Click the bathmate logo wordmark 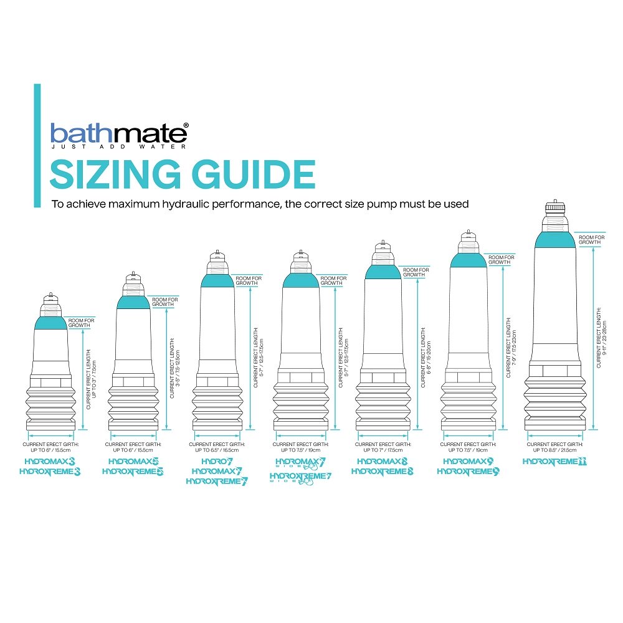click(x=118, y=133)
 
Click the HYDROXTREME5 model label click(x=133, y=472)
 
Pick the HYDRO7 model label click(x=216, y=461)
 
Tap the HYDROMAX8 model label click(x=383, y=462)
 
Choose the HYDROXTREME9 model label click(x=468, y=472)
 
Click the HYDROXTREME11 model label click(x=554, y=462)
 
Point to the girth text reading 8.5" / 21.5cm click(x=555, y=450)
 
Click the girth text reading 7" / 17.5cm click(x=383, y=450)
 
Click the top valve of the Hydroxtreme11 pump click(x=554, y=207)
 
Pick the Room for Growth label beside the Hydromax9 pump click(x=501, y=260)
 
